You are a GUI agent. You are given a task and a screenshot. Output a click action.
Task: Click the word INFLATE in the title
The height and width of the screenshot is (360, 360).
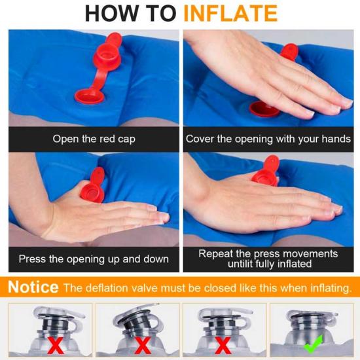(x=230, y=13)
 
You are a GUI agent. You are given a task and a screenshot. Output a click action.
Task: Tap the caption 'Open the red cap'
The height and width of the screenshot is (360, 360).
(x=94, y=139)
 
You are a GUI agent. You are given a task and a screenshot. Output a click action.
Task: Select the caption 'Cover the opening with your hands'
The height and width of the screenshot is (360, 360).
(x=268, y=139)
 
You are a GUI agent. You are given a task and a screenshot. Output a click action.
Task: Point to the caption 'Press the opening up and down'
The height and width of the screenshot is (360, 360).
(x=94, y=259)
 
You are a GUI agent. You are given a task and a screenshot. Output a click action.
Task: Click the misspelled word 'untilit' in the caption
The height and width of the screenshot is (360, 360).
(x=240, y=264)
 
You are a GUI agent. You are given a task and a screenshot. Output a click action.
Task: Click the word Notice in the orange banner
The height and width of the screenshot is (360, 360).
(x=33, y=287)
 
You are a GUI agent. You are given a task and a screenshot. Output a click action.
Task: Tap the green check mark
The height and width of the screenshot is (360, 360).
(x=314, y=344)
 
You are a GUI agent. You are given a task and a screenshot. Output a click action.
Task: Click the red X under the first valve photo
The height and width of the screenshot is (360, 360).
(x=56, y=345)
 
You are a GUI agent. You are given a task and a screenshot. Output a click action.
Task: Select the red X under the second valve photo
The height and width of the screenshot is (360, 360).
(x=143, y=345)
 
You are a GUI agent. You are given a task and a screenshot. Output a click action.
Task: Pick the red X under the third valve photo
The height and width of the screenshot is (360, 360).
(x=223, y=345)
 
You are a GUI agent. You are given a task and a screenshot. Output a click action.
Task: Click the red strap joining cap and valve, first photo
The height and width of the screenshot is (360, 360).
(x=98, y=79)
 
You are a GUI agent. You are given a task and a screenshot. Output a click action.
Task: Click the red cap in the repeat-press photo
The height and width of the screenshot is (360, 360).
(x=266, y=170)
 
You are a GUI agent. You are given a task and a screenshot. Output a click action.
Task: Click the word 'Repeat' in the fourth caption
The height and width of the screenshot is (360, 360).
(x=215, y=254)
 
